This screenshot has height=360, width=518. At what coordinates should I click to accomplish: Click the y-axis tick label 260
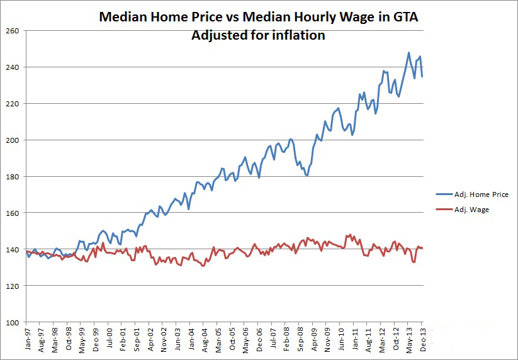13,30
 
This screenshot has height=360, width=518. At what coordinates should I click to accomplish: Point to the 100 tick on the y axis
13,322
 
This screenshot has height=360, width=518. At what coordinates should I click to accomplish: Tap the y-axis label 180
13,176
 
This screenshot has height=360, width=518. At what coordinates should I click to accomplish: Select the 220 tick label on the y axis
13,103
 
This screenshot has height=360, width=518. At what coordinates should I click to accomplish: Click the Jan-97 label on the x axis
28,338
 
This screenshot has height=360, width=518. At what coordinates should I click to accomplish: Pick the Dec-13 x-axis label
421,338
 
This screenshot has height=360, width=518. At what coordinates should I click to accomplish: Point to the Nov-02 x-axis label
164,338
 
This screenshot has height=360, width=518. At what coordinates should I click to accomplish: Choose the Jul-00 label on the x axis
110,338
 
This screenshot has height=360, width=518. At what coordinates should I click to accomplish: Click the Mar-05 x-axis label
218,338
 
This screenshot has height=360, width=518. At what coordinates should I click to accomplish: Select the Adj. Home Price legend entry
480,195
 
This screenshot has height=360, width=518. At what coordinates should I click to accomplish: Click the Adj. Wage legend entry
471,210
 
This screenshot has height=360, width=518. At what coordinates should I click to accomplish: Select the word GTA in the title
404,18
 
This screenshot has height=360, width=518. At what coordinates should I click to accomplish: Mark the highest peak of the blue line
408,53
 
